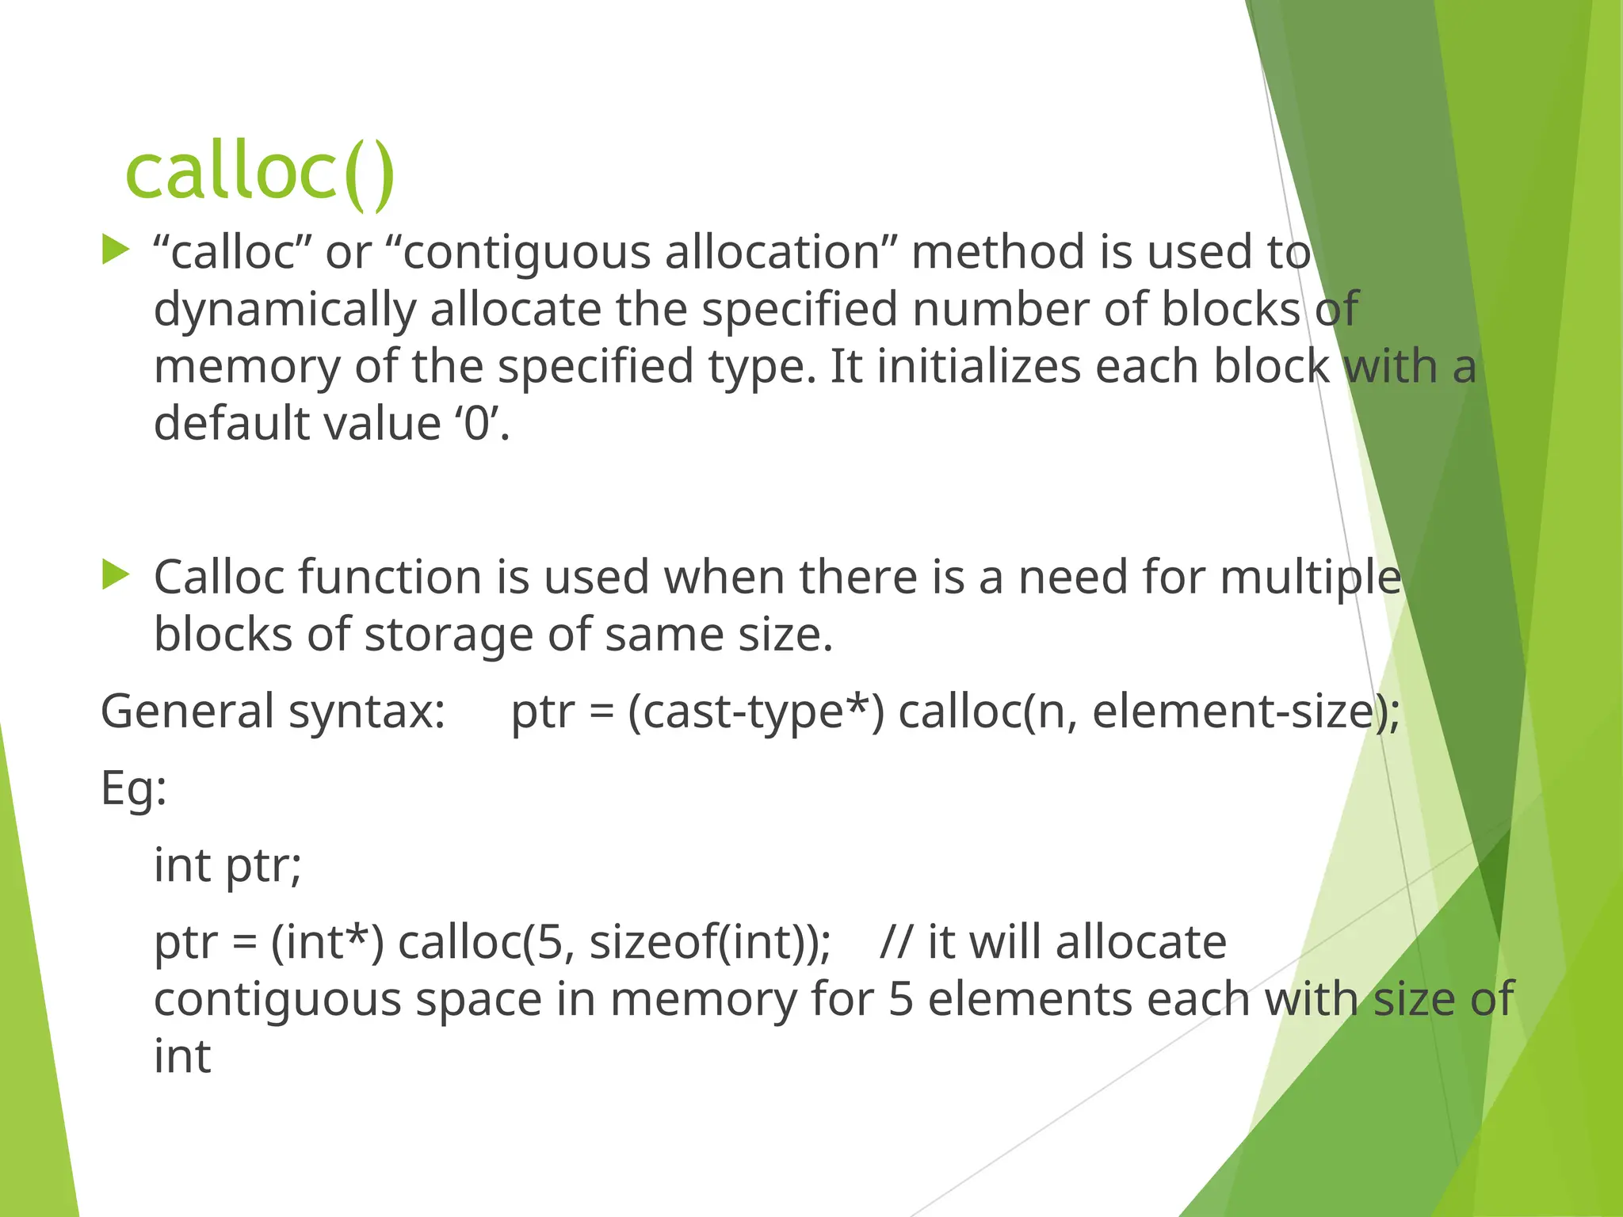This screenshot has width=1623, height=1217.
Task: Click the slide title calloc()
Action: click(260, 172)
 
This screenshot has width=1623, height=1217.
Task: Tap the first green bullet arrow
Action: click(116, 250)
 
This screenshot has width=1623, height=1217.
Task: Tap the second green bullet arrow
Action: click(116, 574)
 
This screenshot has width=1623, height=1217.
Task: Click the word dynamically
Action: click(285, 310)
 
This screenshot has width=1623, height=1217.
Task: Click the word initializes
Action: click(979, 367)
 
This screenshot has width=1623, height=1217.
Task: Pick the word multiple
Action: click(1311, 577)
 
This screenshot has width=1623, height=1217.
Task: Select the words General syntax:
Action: click(273, 711)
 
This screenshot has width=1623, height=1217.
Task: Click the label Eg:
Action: click(134, 788)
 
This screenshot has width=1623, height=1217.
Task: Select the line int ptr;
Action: click(227, 864)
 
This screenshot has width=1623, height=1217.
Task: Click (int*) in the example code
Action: click(327, 942)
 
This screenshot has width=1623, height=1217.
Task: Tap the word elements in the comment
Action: click(1029, 999)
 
